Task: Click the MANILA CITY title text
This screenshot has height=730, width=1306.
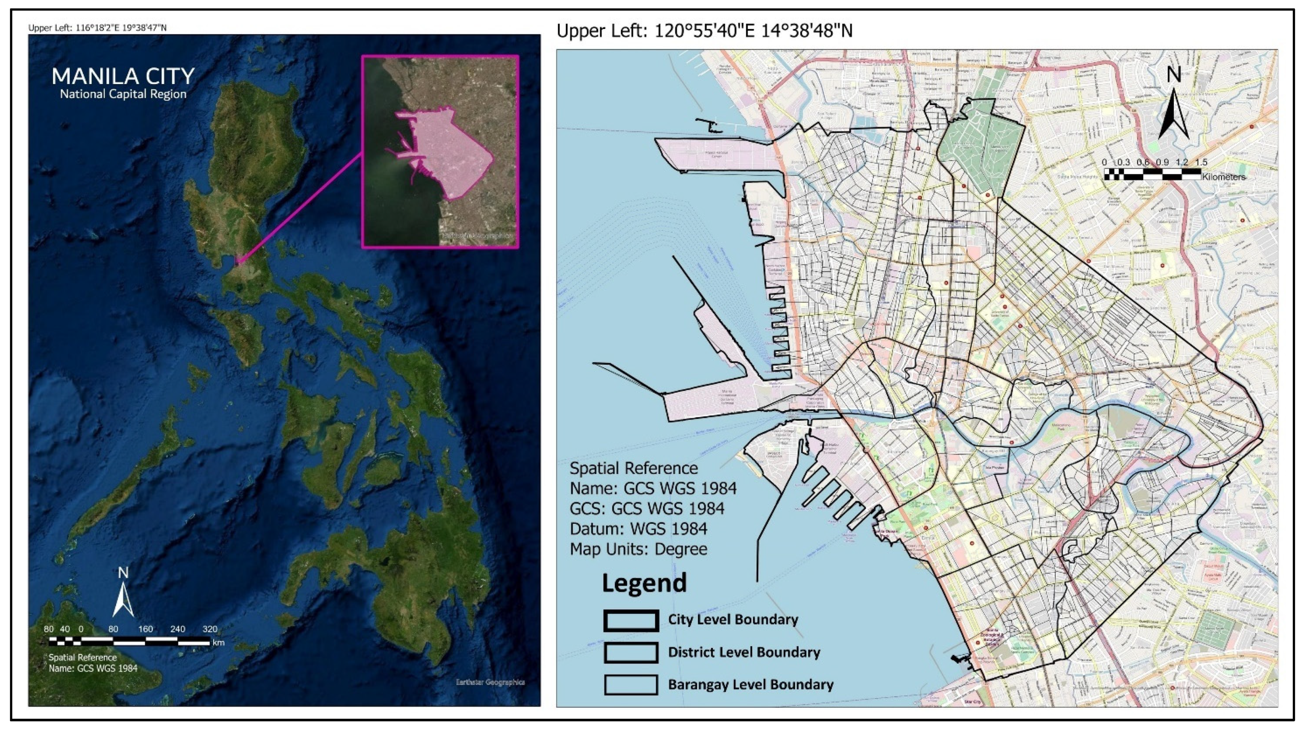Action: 123,77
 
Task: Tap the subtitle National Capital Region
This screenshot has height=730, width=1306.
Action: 123,94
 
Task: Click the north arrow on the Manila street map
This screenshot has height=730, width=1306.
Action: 1173,112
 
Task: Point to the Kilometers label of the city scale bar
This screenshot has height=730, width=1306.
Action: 1223,177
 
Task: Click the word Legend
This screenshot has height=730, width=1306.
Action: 644,583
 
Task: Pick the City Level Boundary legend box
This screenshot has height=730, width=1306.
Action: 631,620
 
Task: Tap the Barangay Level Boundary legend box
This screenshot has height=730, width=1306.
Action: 631,685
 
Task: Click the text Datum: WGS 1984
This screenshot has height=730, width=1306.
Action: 638,529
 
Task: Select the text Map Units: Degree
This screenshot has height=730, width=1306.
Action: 638,549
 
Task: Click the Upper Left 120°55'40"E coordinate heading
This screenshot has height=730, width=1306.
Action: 704,31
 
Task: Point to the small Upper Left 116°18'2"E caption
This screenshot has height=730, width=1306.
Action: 97,28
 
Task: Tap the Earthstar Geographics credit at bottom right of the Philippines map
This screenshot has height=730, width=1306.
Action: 490,682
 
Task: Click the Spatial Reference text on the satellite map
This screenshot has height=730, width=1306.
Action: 83,658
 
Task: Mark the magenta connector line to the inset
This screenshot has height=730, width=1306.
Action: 299,208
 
